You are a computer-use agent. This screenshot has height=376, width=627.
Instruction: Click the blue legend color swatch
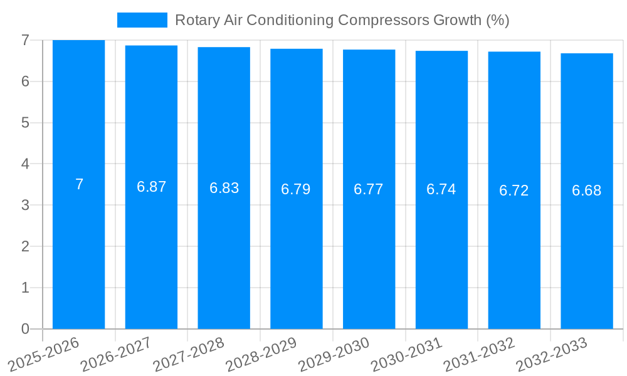point(142,20)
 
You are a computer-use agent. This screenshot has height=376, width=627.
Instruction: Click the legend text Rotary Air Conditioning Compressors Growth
point(342,20)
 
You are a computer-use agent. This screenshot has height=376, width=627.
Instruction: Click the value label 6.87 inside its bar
point(151,187)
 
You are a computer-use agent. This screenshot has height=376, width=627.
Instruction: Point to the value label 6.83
point(224,188)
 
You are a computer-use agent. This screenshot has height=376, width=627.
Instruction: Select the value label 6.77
point(369,189)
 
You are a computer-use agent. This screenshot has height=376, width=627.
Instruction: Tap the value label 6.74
point(441,189)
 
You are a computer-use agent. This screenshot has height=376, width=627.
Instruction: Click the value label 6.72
point(514,191)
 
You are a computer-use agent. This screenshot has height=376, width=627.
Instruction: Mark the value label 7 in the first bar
point(79,184)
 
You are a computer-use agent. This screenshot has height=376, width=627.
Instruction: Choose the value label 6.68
point(587,191)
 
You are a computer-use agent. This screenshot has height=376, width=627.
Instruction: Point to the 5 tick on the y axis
point(25,123)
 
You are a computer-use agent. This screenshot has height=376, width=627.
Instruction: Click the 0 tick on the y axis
point(25,329)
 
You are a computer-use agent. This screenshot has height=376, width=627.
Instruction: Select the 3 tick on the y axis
point(25,206)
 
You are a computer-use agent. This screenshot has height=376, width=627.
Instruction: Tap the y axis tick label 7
point(25,40)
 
